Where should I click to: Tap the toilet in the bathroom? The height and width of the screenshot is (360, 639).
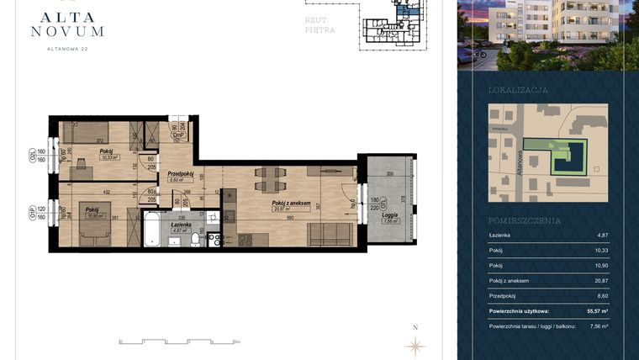195,240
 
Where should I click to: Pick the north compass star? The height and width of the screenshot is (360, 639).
414,344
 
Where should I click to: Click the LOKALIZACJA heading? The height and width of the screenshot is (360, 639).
518,89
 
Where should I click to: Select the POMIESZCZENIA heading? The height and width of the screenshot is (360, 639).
524,220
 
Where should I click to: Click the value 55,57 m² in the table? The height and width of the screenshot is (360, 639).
595,311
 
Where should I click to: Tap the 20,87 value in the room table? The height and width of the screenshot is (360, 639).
599,280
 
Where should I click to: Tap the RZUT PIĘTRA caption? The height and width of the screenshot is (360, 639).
319,24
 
